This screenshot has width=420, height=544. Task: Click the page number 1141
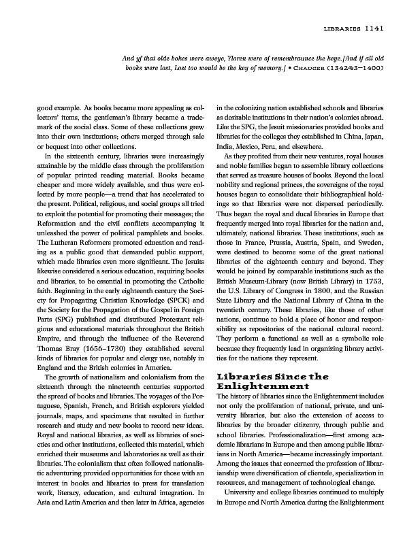(x=376, y=29)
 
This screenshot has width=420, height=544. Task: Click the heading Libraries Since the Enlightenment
(x=272, y=380)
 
